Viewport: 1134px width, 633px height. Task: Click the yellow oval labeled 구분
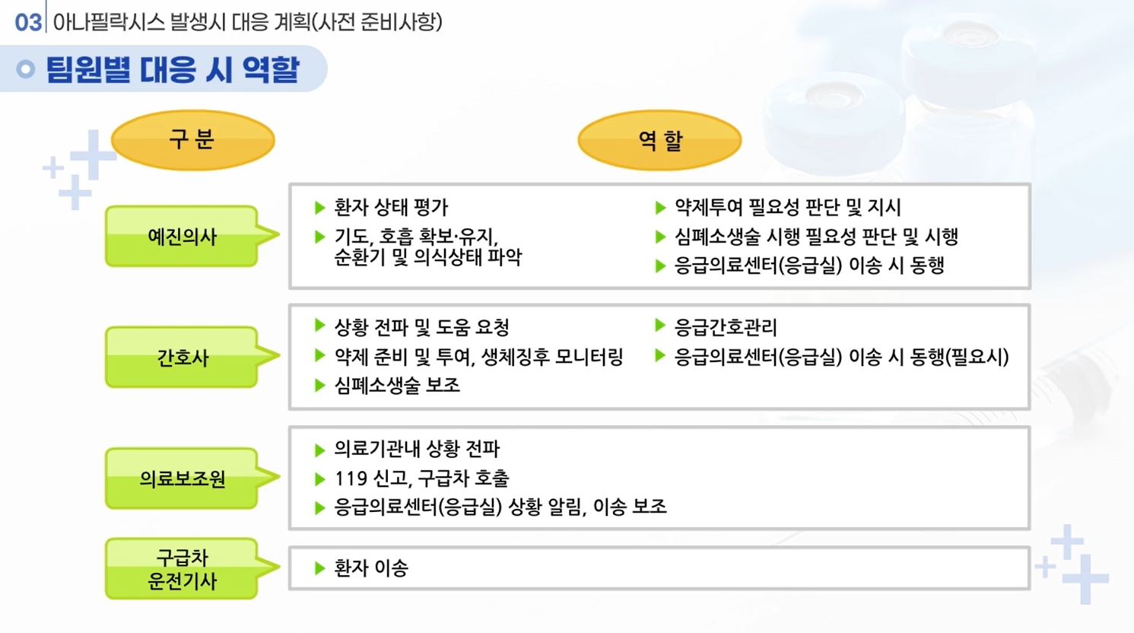[x=192, y=140]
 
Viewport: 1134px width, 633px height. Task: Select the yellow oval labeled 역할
[x=659, y=140]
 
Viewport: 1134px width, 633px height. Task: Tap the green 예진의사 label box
[x=183, y=237]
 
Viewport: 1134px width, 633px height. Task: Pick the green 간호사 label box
[x=183, y=358]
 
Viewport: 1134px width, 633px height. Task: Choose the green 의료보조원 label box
[x=183, y=479]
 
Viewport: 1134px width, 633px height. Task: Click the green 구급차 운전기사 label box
[x=183, y=569]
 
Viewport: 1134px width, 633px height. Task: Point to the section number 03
[x=28, y=21]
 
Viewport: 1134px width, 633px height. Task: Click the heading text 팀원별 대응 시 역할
[x=173, y=70]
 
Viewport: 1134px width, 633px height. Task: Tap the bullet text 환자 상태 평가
[x=391, y=207]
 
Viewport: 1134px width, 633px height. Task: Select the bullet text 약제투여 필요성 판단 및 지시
[x=787, y=207]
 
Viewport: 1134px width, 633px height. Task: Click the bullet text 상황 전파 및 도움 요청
[x=421, y=327]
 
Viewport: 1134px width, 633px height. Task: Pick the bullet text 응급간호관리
[x=726, y=327]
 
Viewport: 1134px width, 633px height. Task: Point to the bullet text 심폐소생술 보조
[x=397, y=386]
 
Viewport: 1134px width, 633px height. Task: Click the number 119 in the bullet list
[x=351, y=479]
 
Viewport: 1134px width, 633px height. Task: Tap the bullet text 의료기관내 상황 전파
[x=417, y=449]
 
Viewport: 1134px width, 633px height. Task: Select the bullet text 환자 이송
[x=371, y=568]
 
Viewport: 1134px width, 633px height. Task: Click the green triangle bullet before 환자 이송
[x=320, y=568]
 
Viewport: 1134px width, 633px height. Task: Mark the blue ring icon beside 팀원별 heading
[x=26, y=69]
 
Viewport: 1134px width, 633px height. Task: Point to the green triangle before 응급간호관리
[x=660, y=326]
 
